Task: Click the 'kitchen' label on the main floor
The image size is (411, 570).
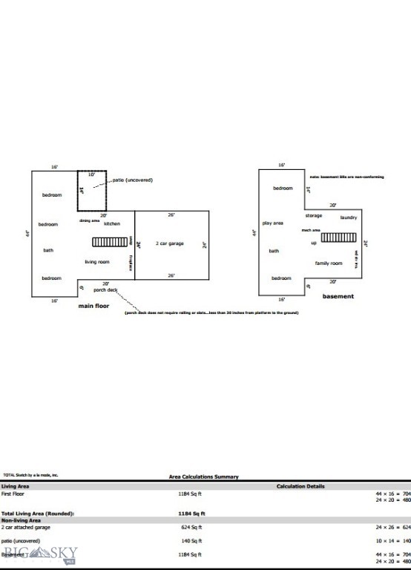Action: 111,223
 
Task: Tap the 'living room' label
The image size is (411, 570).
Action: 96,261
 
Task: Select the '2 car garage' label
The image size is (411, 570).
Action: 169,243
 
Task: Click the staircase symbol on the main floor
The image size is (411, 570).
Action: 110,242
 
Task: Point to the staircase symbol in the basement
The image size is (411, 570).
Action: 343,238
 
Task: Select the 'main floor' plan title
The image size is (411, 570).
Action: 94,305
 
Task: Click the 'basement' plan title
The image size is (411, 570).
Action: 338,296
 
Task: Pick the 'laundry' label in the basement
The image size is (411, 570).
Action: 349,217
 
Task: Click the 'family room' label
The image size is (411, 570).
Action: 328,263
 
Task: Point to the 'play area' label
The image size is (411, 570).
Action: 273,223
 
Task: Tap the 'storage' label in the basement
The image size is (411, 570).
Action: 314,215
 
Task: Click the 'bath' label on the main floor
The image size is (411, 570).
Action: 48,250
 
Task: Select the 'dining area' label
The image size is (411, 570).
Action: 89,220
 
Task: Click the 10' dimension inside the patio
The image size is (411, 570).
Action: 92,175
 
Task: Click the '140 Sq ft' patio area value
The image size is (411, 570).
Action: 192,541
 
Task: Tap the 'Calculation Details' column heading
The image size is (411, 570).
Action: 300,487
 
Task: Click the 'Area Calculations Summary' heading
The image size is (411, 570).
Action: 203,476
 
